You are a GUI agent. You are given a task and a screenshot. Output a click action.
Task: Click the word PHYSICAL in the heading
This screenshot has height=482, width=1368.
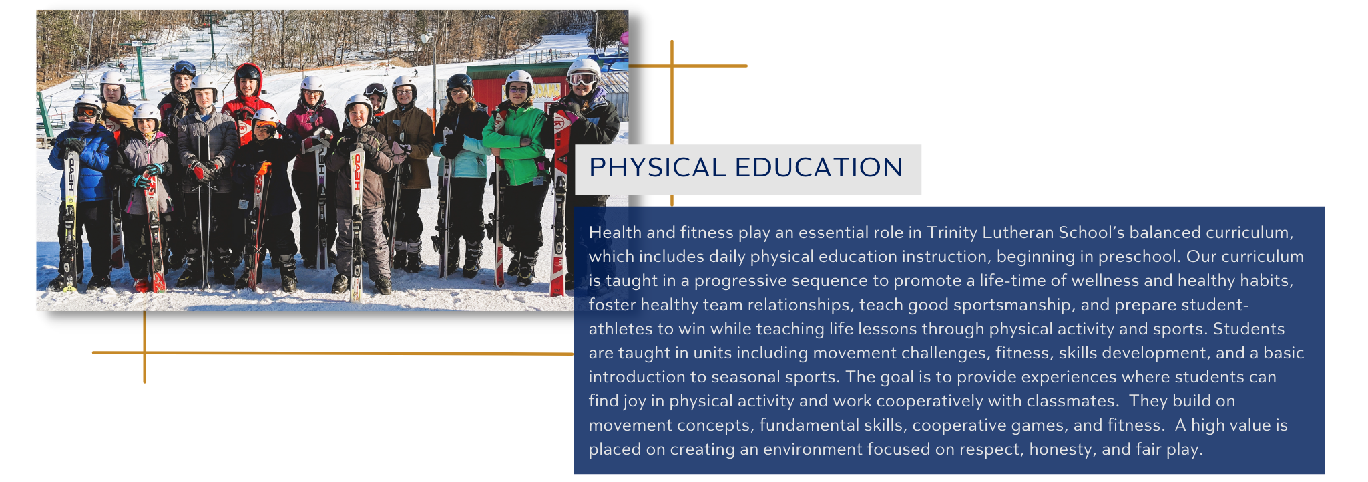[x=657, y=168]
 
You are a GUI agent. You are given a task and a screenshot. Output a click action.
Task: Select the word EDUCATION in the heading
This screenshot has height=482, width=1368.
[x=819, y=168]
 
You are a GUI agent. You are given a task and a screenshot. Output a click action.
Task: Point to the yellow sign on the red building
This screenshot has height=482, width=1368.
[x=546, y=91]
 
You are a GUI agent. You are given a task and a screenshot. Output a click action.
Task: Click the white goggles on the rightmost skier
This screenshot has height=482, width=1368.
[x=582, y=79]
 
